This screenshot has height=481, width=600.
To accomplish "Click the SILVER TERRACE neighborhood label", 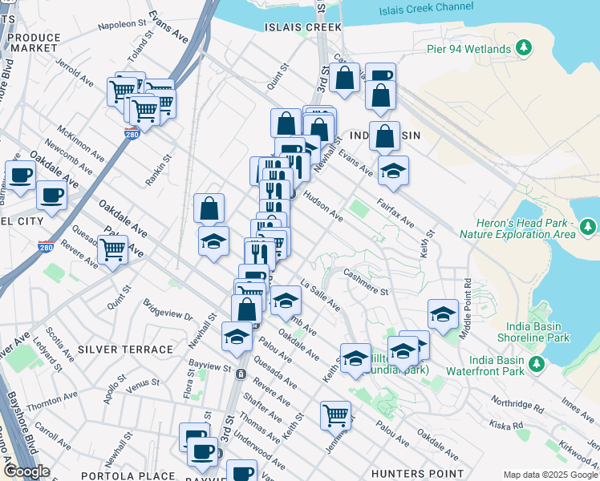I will tap(125, 350).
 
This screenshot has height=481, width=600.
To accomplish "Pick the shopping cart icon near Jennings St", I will tap(335, 415).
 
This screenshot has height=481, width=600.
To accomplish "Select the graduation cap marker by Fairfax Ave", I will tap(393, 170).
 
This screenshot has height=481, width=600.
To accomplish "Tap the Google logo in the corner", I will tap(26, 471).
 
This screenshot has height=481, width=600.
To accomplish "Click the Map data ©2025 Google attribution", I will tap(550, 475).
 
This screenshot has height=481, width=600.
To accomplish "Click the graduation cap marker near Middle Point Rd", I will tap(443, 314).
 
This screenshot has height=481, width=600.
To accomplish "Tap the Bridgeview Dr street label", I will tap(168, 310).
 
